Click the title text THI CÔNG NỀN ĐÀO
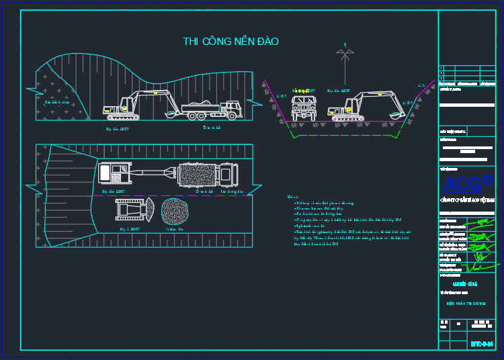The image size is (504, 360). click(230, 42)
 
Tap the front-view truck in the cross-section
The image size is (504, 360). click(302, 107)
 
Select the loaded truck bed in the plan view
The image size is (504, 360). click(197, 175)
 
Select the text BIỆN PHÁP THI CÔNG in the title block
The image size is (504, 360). click(466, 303)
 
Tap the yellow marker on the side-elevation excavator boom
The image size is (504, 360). click(123, 107)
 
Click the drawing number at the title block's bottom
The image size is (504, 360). click(482, 344)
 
